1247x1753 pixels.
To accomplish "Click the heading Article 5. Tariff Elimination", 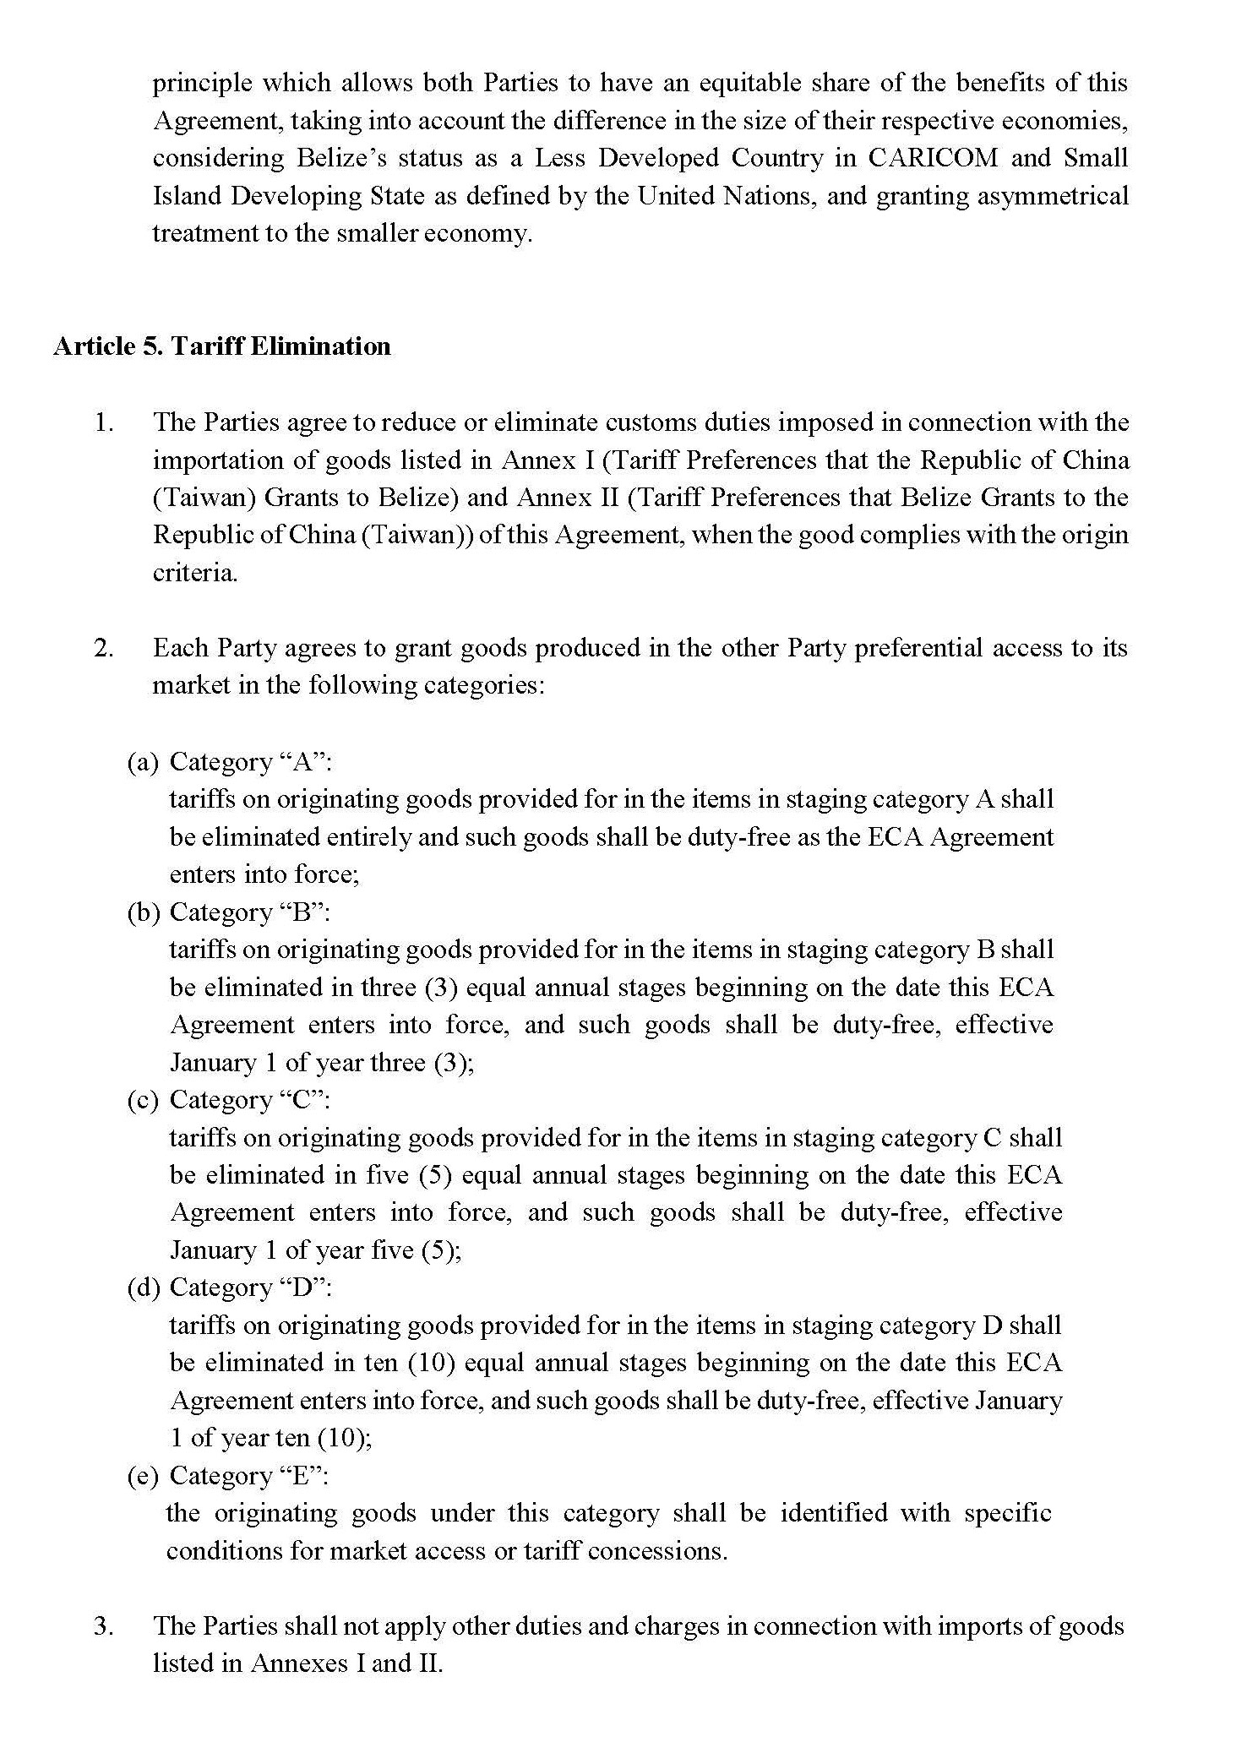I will click(222, 346).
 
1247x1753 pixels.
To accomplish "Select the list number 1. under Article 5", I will click(104, 422).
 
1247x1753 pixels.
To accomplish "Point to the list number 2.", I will click(104, 648).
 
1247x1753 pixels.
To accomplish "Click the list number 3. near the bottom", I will click(104, 1626).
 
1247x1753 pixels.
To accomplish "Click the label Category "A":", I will click(251, 762).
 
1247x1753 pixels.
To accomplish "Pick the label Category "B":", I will click(251, 912).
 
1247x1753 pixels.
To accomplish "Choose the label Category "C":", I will click(251, 1100).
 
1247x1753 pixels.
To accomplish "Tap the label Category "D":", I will click(251, 1288).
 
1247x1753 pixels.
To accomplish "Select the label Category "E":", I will click(249, 1475).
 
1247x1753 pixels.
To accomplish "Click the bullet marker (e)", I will click(142, 1475).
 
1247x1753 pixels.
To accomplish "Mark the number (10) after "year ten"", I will click(347, 1438).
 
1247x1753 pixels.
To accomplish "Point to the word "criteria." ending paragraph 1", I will click(195, 573).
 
